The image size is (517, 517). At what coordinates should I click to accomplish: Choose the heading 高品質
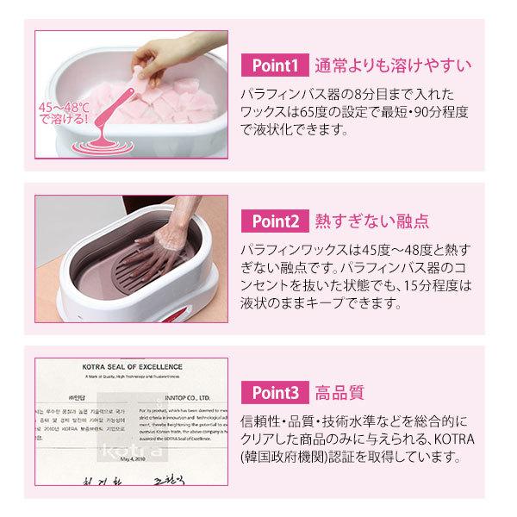point(336,393)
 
